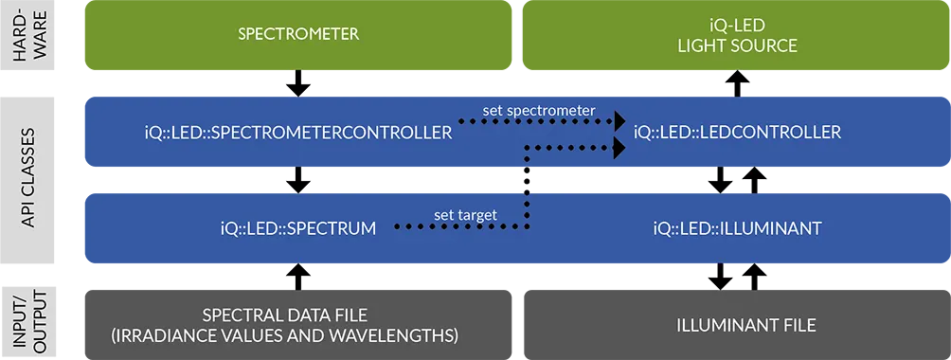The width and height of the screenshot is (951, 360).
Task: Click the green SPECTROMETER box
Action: [297, 35]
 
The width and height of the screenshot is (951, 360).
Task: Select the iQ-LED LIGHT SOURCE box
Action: [736, 35]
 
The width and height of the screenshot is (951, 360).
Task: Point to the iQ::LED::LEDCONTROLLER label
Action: [737, 132]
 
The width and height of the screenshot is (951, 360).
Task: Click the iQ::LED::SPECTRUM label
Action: [297, 228]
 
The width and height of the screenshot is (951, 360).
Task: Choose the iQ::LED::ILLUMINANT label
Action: [737, 228]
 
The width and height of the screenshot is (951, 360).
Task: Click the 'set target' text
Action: [465, 215]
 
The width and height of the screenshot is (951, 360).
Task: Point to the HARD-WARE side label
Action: [27, 35]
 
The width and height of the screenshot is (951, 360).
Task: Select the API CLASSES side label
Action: [27, 180]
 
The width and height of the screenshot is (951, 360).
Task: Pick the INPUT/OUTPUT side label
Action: [27, 321]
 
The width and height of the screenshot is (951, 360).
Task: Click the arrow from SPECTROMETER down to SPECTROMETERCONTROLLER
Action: [297, 83]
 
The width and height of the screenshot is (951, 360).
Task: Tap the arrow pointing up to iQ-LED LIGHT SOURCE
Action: [737, 83]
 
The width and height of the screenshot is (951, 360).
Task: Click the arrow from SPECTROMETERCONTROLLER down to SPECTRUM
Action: [297, 180]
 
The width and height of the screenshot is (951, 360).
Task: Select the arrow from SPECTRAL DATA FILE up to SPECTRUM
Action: [297, 277]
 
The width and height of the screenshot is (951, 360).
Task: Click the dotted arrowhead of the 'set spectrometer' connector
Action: [619, 121]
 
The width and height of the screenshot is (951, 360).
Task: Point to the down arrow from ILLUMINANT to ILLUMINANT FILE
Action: [721, 277]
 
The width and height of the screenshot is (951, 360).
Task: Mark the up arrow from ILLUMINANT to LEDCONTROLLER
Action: [754, 180]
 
